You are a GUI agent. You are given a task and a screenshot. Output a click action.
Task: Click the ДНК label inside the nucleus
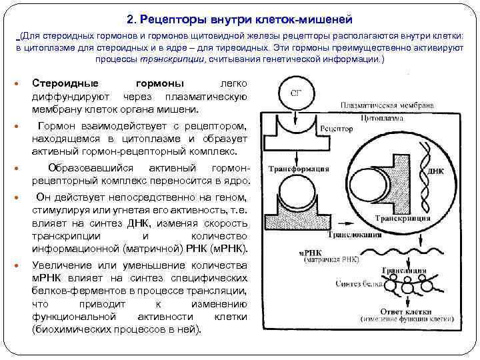(435, 171)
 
